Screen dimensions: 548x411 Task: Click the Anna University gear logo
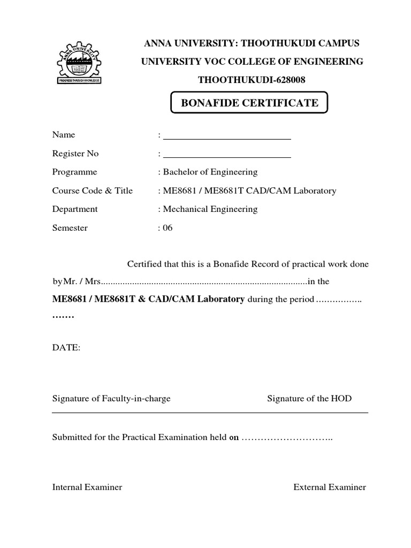[79, 62]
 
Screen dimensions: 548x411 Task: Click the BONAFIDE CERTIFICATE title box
[249, 103]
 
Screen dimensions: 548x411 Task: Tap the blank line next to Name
[226, 138]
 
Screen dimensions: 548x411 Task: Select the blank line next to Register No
[226, 157]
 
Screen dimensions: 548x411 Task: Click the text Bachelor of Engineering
[210, 172]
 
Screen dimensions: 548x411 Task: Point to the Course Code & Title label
[92, 191]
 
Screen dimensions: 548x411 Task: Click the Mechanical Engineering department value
[210, 209]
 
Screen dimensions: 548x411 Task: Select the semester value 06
[168, 228]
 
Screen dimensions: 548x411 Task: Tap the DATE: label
[66, 348]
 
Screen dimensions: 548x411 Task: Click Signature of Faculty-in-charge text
[111, 399]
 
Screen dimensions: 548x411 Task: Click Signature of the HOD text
[309, 399]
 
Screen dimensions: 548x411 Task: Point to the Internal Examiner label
[87, 488]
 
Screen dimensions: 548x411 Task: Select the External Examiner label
[330, 488]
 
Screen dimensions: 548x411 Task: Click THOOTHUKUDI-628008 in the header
[252, 80]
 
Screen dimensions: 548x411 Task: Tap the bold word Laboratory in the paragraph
[221, 299]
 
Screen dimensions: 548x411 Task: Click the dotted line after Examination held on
[287, 438]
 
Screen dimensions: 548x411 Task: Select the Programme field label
[74, 172]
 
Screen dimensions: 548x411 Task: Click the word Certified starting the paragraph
[144, 264]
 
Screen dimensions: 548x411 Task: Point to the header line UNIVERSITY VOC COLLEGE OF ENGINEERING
[252, 62]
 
